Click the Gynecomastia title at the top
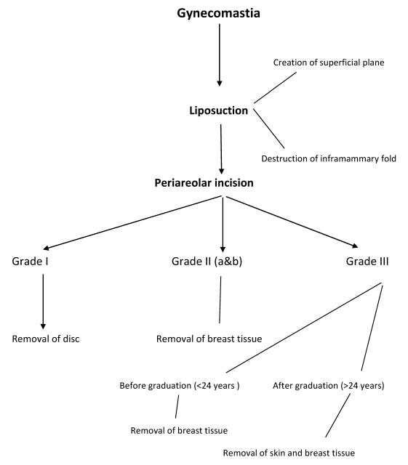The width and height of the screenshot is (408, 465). (219, 14)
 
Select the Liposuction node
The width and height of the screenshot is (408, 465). (219, 110)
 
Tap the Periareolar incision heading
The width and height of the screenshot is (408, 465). (204, 183)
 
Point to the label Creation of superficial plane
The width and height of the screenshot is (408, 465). (329, 62)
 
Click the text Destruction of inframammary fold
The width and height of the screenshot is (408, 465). (329, 158)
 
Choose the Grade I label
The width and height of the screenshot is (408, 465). (30, 262)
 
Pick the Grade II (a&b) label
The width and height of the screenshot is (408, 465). (207, 262)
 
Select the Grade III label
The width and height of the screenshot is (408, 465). (367, 262)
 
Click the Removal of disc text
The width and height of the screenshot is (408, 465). (46, 339)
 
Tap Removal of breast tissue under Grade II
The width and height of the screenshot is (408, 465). (209, 339)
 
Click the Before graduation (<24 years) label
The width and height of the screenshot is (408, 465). (180, 386)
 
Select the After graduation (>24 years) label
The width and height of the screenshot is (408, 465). (329, 386)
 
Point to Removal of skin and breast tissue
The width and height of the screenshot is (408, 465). (289, 453)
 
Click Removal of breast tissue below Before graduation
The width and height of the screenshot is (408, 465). (179, 430)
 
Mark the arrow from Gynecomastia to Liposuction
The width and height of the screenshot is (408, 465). (220, 55)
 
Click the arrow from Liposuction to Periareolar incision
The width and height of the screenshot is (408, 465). (221, 149)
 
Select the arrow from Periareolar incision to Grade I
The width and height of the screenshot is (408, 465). (132, 223)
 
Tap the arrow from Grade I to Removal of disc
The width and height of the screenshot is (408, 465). (43, 302)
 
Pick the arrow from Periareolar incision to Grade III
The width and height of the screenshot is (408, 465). (292, 222)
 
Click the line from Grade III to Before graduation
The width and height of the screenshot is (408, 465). (303, 328)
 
